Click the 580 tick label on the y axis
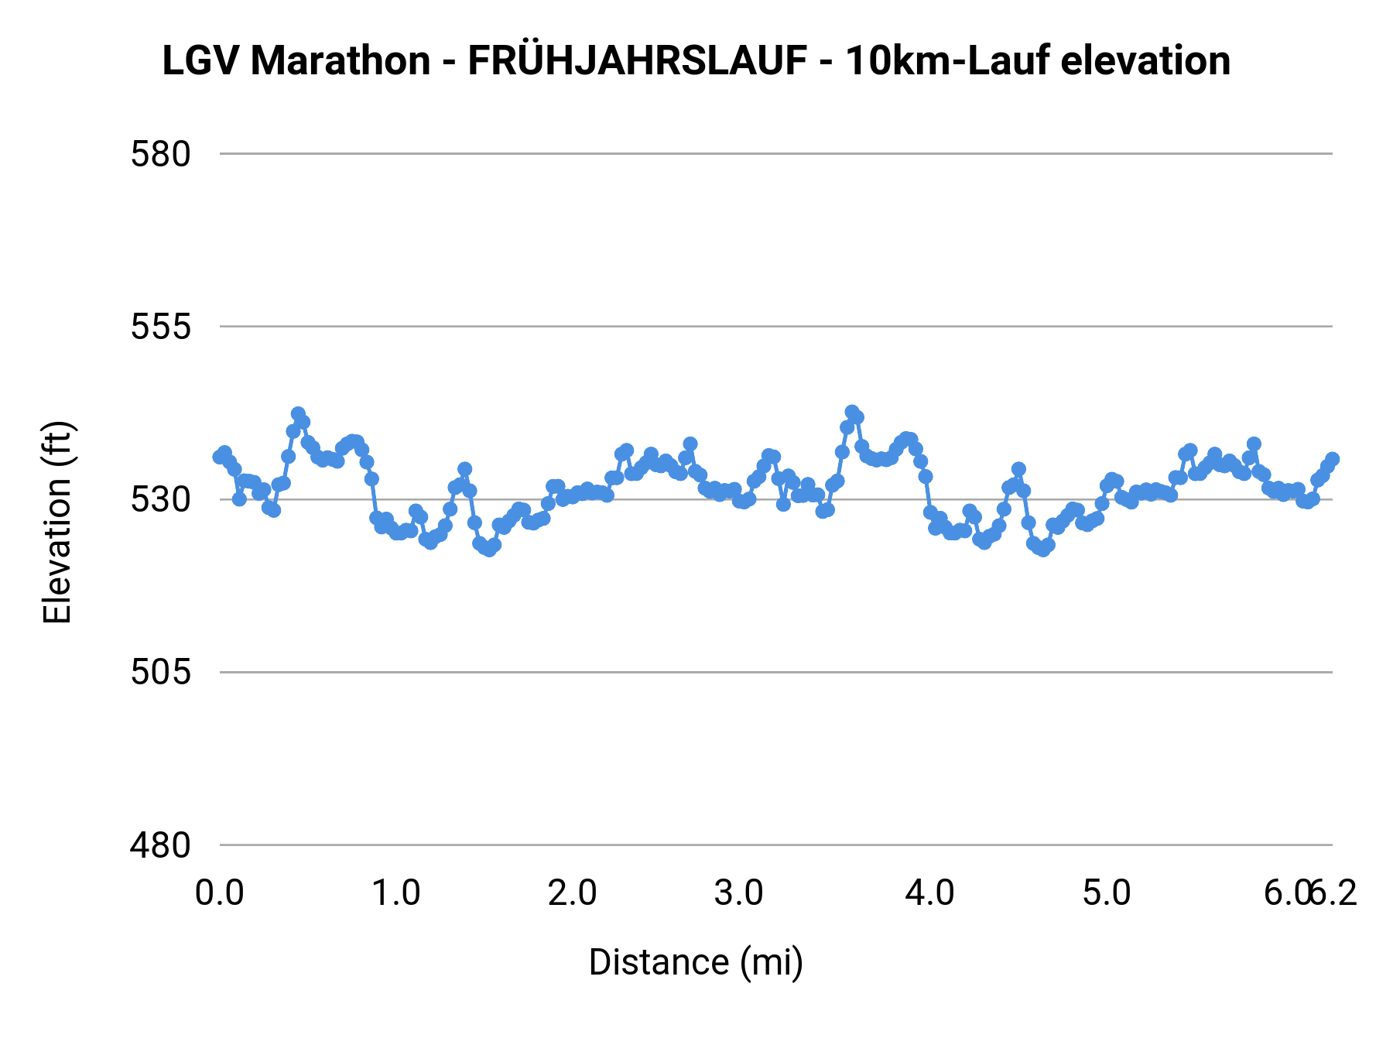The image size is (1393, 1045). coord(160,155)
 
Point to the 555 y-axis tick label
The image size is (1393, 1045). coord(160,327)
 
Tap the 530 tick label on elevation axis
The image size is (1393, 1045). coord(160,500)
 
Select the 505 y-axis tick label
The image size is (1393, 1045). coord(160,672)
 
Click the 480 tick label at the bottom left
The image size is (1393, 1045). coord(160,845)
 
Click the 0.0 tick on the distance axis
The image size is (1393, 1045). coord(220,893)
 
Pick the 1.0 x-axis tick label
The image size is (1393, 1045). coord(396,893)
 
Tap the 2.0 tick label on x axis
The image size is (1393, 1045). coord(573,893)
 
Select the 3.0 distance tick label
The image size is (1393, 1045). coord(739,893)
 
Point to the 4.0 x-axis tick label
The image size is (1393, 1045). coord(929,893)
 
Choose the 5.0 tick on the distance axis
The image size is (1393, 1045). coord(1107,893)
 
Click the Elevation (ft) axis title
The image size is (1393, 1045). coord(57,522)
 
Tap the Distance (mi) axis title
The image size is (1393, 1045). coord(696,962)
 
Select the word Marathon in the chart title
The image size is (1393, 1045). coord(341,61)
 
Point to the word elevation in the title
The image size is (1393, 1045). coord(1145,61)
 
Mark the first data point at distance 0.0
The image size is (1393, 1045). coord(220,457)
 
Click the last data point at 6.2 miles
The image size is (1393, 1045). coord(1332,459)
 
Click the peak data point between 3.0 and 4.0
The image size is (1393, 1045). coord(852,412)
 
